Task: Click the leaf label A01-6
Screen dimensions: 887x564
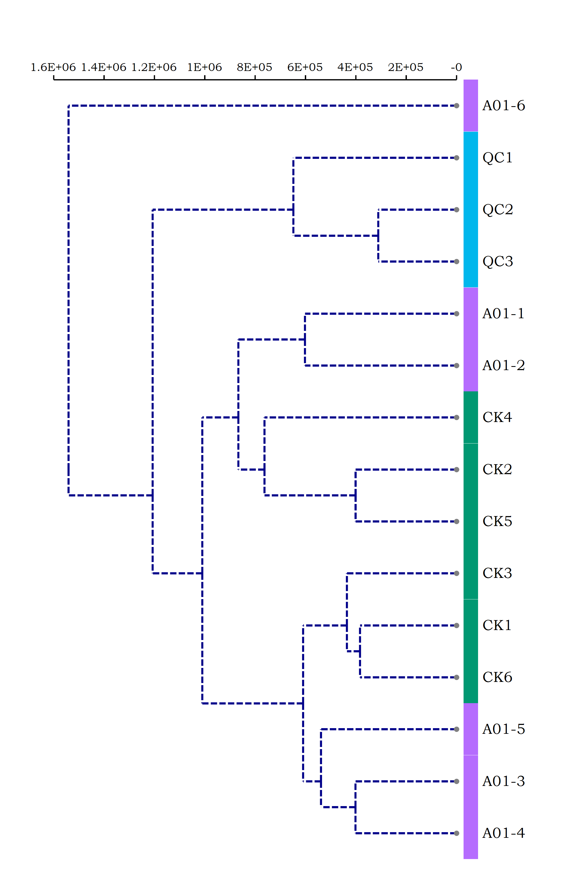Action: coord(503,106)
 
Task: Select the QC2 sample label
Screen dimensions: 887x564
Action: coord(497,210)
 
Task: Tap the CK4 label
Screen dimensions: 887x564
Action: coord(497,417)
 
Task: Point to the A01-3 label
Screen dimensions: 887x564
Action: coord(503,781)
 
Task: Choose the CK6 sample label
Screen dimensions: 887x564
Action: coord(497,677)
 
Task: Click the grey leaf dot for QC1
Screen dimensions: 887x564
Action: coord(457,158)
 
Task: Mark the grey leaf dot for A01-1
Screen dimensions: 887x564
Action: coord(457,314)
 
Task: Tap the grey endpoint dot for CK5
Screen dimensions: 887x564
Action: coord(457,522)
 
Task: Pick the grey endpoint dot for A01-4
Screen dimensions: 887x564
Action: coord(457,833)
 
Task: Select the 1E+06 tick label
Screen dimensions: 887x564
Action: coord(204,67)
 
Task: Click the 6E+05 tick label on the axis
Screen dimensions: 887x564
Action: coord(305,67)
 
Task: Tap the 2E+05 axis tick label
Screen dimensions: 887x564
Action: coord(406,67)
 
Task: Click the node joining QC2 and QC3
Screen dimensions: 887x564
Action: coord(378,236)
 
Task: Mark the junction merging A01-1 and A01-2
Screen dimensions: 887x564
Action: coord(305,340)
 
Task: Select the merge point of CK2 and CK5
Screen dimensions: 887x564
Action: coord(355,495)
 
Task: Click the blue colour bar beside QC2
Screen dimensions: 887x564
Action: coord(471,210)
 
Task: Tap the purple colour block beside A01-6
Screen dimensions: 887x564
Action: coord(471,106)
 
